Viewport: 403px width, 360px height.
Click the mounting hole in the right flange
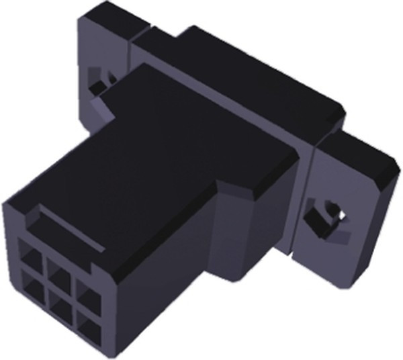pos(328,216)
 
